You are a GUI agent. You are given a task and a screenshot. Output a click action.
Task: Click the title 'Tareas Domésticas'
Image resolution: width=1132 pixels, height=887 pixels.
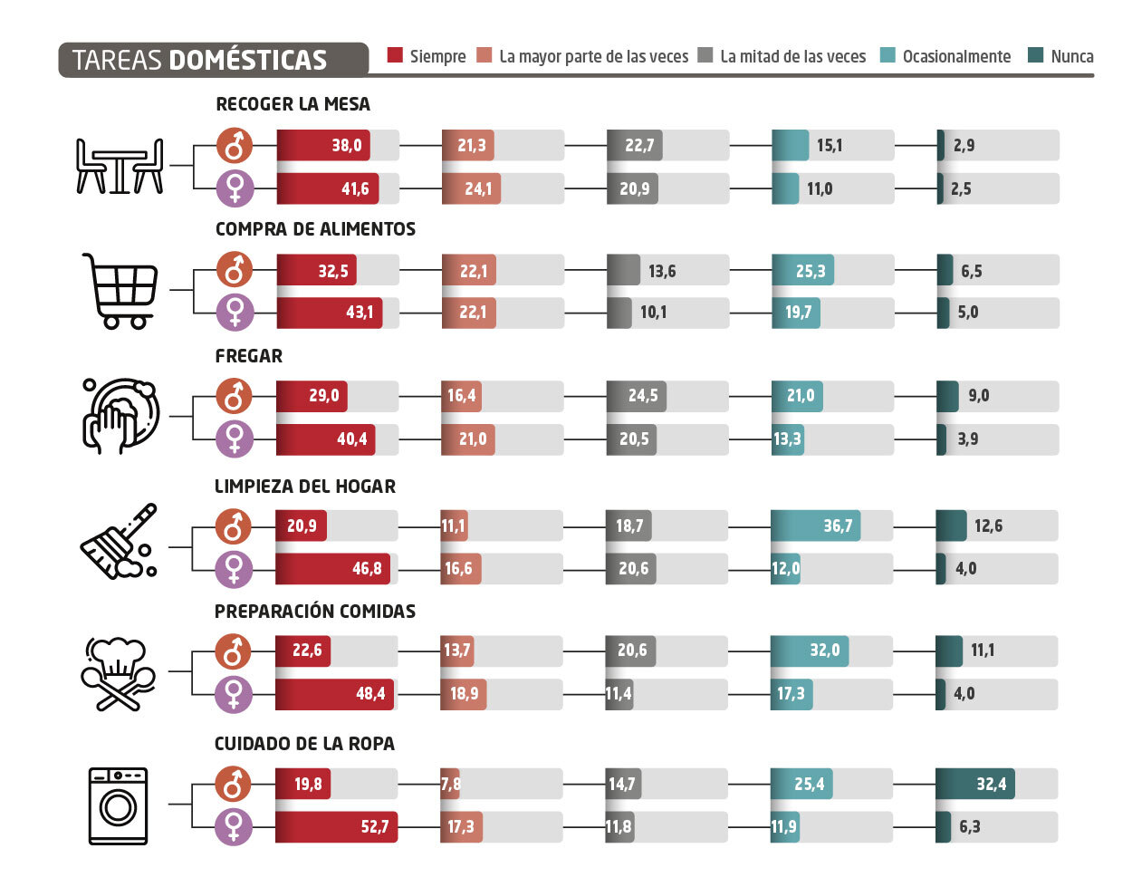pyautogui.click(x=199, y=60)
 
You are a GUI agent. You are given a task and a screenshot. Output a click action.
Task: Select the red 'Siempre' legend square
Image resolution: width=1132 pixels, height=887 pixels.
pyautogui.click(x=395, y=55)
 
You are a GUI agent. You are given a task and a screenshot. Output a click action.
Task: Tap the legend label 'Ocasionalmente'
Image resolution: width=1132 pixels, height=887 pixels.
pyautogui.click(x=956, y=56)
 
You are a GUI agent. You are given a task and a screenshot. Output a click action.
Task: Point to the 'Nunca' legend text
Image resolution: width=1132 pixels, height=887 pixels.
pyautogui.click(x=1072, y=56)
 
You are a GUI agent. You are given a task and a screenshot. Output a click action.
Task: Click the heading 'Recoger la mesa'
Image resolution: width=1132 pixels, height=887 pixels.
pyautogui.click(x=293, y=104)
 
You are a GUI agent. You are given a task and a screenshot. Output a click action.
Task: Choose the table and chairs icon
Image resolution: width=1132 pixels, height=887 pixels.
pyautogui.click(x=120, y=167)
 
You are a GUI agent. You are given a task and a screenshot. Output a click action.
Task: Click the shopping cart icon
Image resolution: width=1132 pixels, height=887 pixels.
pyautogui.click(x=121, y=290)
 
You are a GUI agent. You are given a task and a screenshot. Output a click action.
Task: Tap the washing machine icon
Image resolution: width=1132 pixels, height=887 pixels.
pyautogui.click(x=118, y=805)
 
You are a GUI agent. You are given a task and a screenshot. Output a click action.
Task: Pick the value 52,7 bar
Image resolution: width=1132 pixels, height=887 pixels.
pyautogui.click(x=336, y=826)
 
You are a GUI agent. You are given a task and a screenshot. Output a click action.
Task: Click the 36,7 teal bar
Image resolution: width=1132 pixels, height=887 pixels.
pyautogui.click(x=815, y=525)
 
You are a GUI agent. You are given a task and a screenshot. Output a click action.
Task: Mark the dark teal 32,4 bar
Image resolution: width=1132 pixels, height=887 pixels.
pyautogui.click(x=974, y=784)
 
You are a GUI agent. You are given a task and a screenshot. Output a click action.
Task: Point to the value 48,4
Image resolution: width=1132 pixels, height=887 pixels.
pyautogui.click(x=370, y=694)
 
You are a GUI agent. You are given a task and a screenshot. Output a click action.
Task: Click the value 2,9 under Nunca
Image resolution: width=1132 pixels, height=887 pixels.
pyautogui.click(x=964, y=145)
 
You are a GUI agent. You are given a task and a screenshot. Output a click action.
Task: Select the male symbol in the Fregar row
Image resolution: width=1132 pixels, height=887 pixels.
pyautogui.click(x=235, y=396)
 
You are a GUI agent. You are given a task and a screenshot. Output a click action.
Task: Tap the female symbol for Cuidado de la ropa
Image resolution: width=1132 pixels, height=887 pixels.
pyautogui.click(x=234, y=826)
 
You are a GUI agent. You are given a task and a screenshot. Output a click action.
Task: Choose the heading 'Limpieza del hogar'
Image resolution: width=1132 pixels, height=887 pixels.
pyautogui.click(x=305, y=487)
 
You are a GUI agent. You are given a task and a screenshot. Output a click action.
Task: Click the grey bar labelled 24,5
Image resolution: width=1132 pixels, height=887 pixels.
pyautogui.click(x=637, y=396)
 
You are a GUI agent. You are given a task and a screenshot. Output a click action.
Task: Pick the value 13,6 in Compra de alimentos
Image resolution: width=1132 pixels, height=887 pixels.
pyautogui.click(x=662, y=271)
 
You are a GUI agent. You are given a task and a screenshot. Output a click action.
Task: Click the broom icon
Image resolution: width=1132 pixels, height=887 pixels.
pyautogui.click(x=119, y=542)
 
